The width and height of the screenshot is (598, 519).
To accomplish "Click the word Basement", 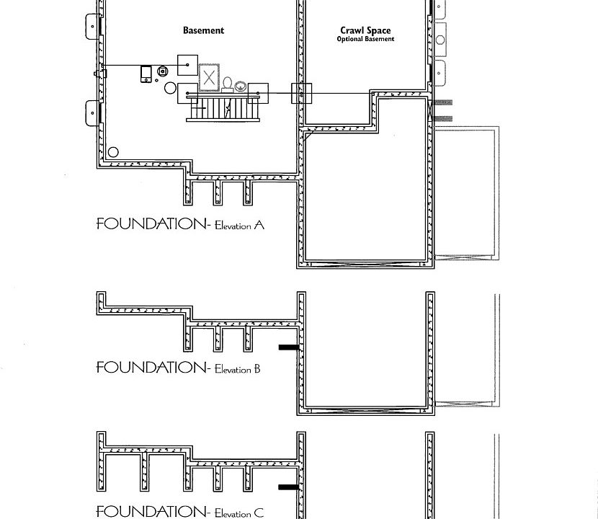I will [x=203, y=30].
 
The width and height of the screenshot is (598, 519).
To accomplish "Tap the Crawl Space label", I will [x=365, y=31].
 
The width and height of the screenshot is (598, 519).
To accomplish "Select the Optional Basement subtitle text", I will [x=365, y=39].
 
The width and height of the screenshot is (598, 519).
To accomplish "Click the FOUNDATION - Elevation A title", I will [x=180, y=224].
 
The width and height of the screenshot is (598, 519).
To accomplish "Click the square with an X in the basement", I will [x=209, y=78].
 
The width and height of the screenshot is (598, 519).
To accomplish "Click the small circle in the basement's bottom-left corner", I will [x=113, y=153].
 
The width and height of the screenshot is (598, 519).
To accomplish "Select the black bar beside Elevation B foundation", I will [x=288, y=347].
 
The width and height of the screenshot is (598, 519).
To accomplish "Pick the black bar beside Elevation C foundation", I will [x=288, y=487].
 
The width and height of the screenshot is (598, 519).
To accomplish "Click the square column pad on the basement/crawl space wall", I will [x=301, y=94].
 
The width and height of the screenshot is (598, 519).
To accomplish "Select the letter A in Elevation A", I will [x=259, y=225].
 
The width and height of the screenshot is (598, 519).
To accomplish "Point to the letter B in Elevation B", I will [x=256, y=369].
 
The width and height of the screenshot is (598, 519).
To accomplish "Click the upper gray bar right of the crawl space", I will [x=442, y=102].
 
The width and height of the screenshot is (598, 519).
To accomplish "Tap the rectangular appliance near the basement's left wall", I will [x=146, y=74].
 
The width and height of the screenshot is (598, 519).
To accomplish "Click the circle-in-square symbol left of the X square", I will [x=163, y=71].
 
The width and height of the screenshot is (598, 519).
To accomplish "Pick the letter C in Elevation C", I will [x=259, y=513].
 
